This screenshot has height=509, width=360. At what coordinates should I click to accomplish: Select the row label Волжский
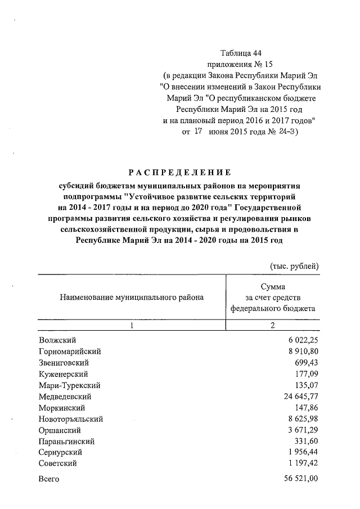click(x=57, y=340)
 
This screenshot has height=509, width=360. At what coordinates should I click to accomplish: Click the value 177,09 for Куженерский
click(x=306, y=373)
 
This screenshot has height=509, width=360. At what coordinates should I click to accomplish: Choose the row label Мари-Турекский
click(x=70, y=385)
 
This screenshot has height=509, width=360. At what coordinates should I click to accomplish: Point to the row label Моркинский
click(x=62, y=407)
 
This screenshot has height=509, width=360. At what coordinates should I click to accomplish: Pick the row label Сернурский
click(x=61, y=452)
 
